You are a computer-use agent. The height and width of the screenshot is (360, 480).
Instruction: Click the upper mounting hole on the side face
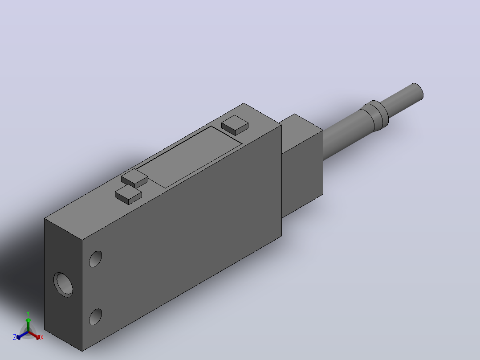click(95, 259)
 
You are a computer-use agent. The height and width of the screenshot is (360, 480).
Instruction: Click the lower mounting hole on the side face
click(95, 317)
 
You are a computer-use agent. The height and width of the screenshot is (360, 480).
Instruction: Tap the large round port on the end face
click(63, 285)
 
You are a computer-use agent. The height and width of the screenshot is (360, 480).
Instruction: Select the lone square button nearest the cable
click(235, 125)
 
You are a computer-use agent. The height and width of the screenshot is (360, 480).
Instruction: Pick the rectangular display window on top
click(189, 157)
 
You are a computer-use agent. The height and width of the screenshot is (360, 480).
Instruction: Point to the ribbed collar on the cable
click(375, 116)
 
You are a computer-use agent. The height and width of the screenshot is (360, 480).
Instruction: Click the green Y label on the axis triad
click(28, 313)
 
